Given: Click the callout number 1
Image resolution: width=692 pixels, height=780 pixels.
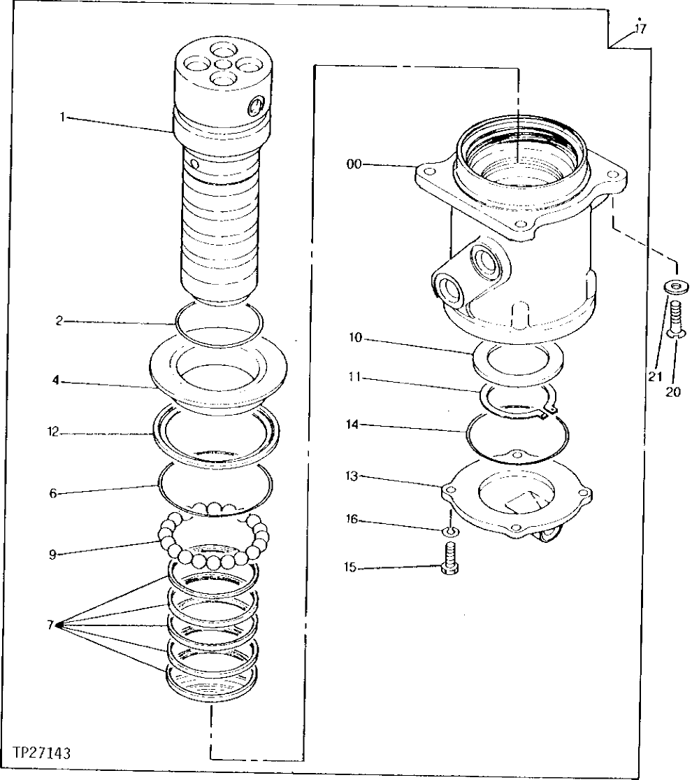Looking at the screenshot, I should click(x=62, y=118).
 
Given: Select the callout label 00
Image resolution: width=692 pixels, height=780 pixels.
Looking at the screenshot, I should click(x=354, y=164).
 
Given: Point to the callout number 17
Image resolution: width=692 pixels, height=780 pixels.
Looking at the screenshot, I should click(x=640, y=29).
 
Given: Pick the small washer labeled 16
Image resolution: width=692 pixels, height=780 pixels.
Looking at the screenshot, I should click(x=451, y=533).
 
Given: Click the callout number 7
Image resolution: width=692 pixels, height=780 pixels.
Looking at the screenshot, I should click(x=50, y=625).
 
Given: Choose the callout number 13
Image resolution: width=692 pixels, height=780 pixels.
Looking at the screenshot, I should click(x=351, y=476).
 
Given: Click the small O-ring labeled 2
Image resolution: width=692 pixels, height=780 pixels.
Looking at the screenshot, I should click(x=219, y=324).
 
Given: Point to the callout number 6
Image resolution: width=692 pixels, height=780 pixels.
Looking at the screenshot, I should click(x=53, y=493).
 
